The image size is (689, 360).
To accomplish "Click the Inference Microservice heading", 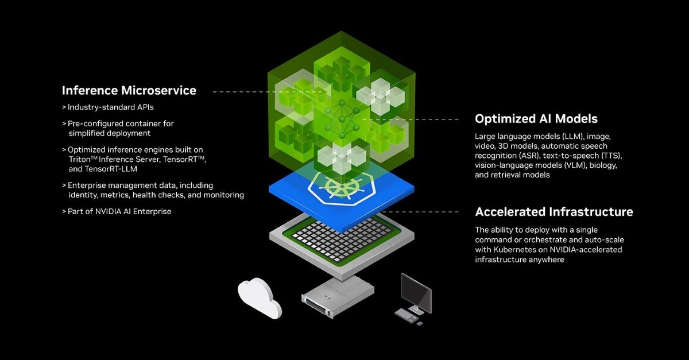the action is coord(129,91).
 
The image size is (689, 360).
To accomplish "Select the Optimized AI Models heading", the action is coord(536,119).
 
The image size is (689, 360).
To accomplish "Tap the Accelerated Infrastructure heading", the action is coord(554,212).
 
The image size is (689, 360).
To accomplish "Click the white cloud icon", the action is coord(260,298).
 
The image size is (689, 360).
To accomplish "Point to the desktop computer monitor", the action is coord(416,293).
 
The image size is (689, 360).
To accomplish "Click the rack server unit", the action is coord(338,297).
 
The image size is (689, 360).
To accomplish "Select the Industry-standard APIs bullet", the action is coord(108,107).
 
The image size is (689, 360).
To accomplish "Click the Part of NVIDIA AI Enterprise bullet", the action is coord(117,211).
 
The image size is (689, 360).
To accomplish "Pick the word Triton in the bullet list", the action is coord(79,160).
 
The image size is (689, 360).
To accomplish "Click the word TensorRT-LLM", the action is coord(111,169).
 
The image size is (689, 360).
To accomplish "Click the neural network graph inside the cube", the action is coord(342,119).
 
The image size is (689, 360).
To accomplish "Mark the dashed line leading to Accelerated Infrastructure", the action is coord(420,212).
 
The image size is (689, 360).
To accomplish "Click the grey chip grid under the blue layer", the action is coord(342,240).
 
